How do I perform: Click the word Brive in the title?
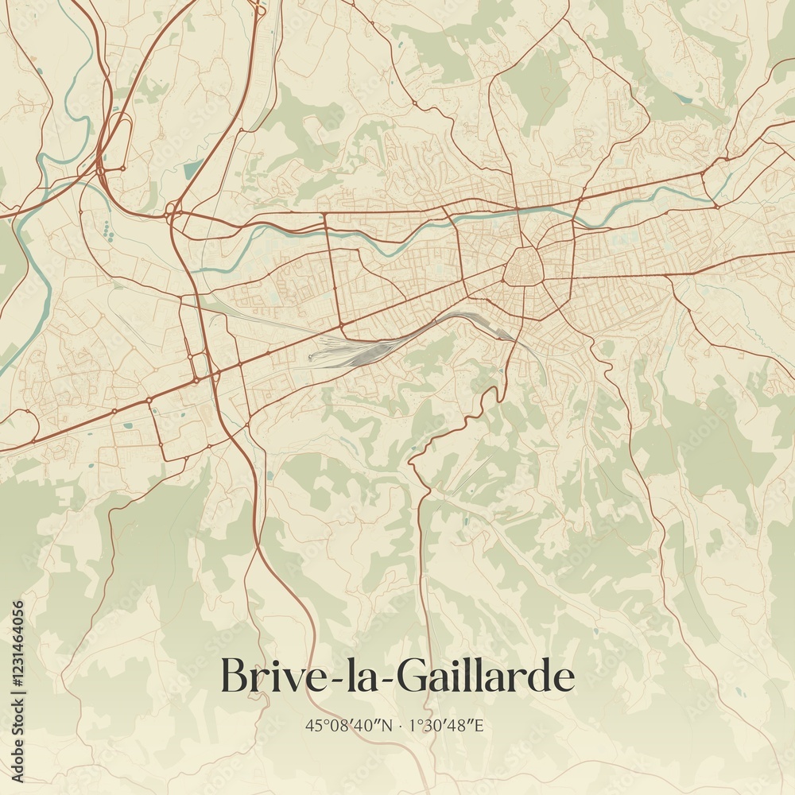[x=266, y=677]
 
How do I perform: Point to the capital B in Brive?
[x=232, y=677]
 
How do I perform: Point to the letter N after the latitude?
[x=388, y=725]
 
